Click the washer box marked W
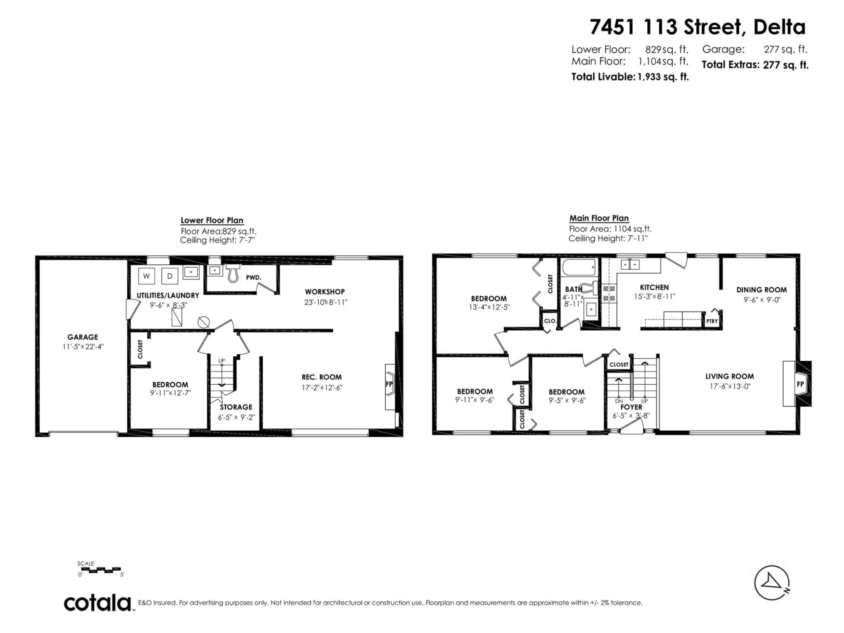coord(146,276)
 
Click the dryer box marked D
coord(170,276)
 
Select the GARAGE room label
coord(83,337)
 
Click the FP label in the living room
coord(800,384)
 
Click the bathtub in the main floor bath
coord(578,267)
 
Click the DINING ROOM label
coord(761,290)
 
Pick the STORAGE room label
coord(236,407)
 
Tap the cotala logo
coord(98,603)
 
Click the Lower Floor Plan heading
coord(212,220)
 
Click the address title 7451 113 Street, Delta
coord(697,27)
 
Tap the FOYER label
coord(631,407)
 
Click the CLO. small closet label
coord(550,321)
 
